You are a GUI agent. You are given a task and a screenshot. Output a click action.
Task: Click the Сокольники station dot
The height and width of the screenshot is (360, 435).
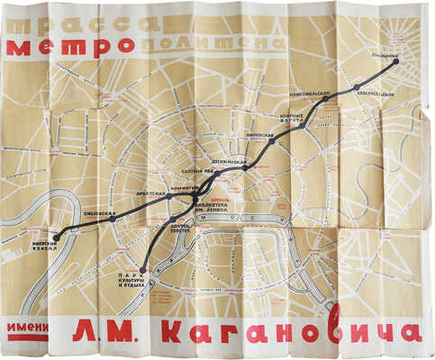tap(394, 62)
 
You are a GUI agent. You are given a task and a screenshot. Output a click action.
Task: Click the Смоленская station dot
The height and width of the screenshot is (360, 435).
tap(113, 218)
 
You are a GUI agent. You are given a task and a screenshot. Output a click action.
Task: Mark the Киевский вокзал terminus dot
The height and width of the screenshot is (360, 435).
tap(57, 238)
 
